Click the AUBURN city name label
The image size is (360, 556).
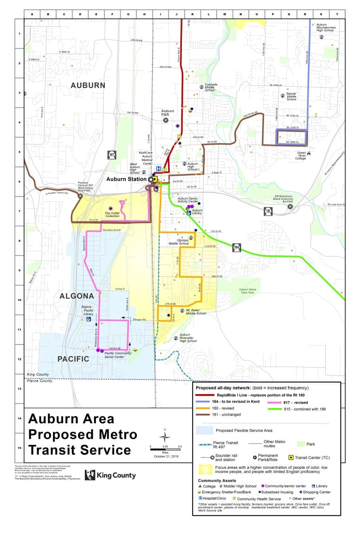88,85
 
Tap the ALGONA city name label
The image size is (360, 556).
77,296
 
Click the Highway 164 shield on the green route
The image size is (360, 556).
237,247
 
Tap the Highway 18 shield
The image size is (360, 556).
268,211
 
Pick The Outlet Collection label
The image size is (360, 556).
112,215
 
